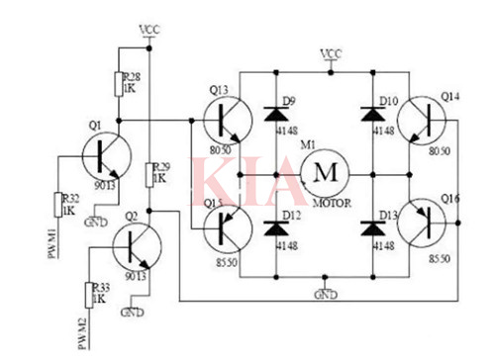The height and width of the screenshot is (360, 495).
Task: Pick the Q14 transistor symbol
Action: point(427,120)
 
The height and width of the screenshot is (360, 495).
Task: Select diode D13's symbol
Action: point(374,226)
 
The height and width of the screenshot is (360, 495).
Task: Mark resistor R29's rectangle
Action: point(148,176)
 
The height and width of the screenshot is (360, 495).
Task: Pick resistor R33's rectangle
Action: point(88,293)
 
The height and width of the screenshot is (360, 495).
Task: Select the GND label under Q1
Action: point(93,221)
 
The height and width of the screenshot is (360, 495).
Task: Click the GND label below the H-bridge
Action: point(323,294)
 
